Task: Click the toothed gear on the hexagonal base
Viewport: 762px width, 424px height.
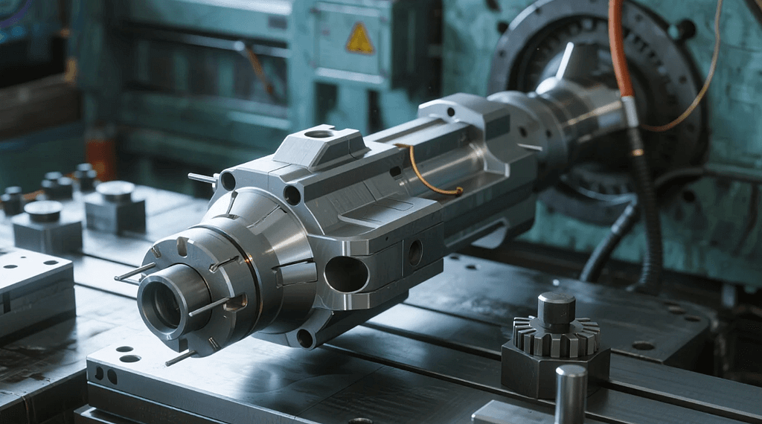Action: click(556, 339)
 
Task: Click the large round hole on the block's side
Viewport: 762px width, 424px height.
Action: click(346, 274)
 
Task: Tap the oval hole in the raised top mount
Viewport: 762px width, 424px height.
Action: click(318, 134)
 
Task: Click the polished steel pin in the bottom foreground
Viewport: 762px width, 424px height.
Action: click(571, 394)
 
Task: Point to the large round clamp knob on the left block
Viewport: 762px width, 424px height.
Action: click(115, 191)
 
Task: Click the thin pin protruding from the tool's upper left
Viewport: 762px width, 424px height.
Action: click(202, 179)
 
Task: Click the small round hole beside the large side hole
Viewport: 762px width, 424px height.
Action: click(414, 252)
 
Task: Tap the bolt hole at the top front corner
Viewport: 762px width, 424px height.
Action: click(228, 181)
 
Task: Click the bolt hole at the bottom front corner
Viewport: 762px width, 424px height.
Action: click(305, 338)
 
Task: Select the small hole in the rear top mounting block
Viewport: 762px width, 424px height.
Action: click(451, 112)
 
